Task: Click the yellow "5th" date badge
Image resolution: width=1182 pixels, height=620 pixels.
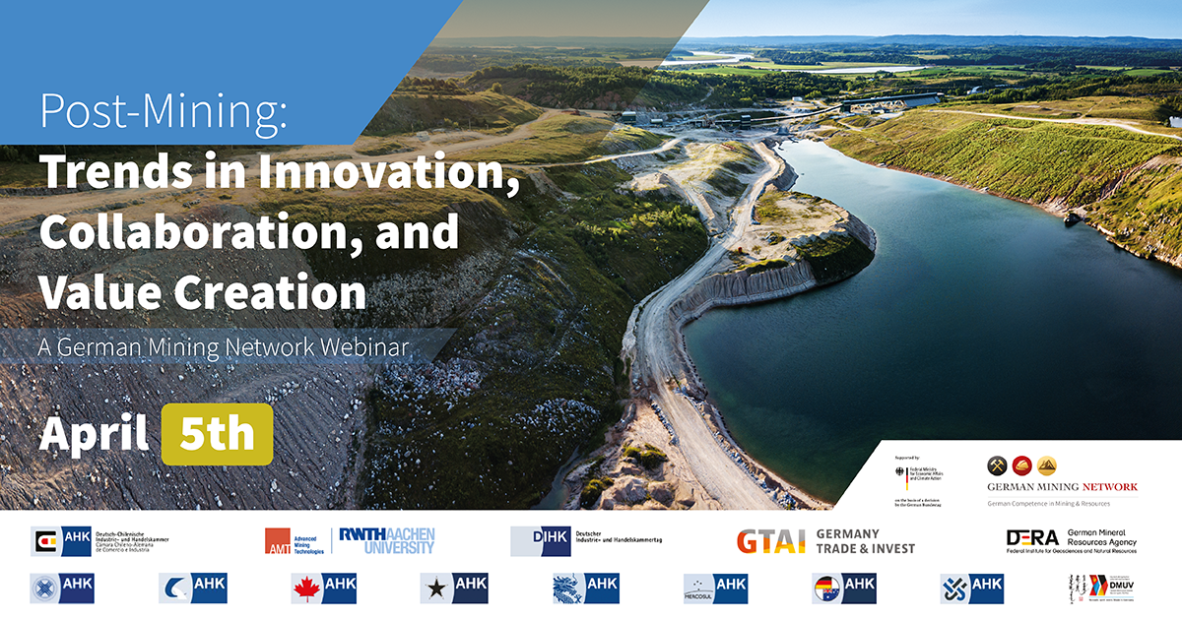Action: pos(217,434)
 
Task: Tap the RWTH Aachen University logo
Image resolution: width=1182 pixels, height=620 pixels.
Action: pos(386,540)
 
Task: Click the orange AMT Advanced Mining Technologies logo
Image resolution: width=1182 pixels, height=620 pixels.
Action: pos(294,541)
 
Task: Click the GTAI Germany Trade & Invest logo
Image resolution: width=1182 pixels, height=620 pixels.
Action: pos(825,541)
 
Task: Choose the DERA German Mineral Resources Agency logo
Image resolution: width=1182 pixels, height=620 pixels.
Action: pos(1071,540)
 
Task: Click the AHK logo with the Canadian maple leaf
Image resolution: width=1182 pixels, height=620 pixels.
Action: pos(323,588)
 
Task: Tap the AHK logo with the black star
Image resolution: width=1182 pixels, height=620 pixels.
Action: pos(453,588)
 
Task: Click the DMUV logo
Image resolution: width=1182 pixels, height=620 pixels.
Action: pos(1101,589)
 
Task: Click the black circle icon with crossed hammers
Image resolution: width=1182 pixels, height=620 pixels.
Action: pos(996,465)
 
